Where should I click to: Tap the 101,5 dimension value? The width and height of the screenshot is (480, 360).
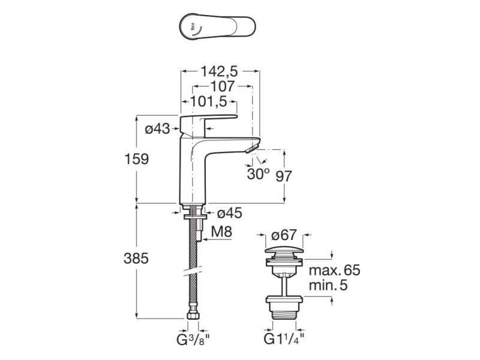pyautogui.click(x=208, y=100)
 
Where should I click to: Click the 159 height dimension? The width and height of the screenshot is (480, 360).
pyautogui.click(x=137, y=160)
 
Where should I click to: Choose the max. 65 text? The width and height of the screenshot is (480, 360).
pyautogui.click(x=335, y=271)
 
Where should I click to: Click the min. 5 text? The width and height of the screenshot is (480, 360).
pyautogui.click(x=328, y=286)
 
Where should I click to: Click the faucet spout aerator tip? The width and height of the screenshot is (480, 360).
pyautogui.click(x=253, y=146)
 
